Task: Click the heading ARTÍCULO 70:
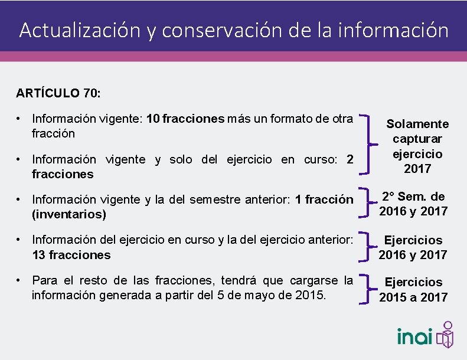(x=59, y=93)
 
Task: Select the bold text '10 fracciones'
(x=185, y=119)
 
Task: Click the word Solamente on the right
(x=417, y=124)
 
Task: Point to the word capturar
(x=417, y=139)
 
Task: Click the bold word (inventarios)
(x=69, y=214)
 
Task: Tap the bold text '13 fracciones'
(x=71, y=255)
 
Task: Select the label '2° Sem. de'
(x=413, y=196)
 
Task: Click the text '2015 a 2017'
(x=413, y=297)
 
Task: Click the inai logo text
(x=414, y=336)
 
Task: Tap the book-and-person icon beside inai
(x=446, y=335)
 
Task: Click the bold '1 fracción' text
(x=324, y=199)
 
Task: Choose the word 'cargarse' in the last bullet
(x=310, y=279)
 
